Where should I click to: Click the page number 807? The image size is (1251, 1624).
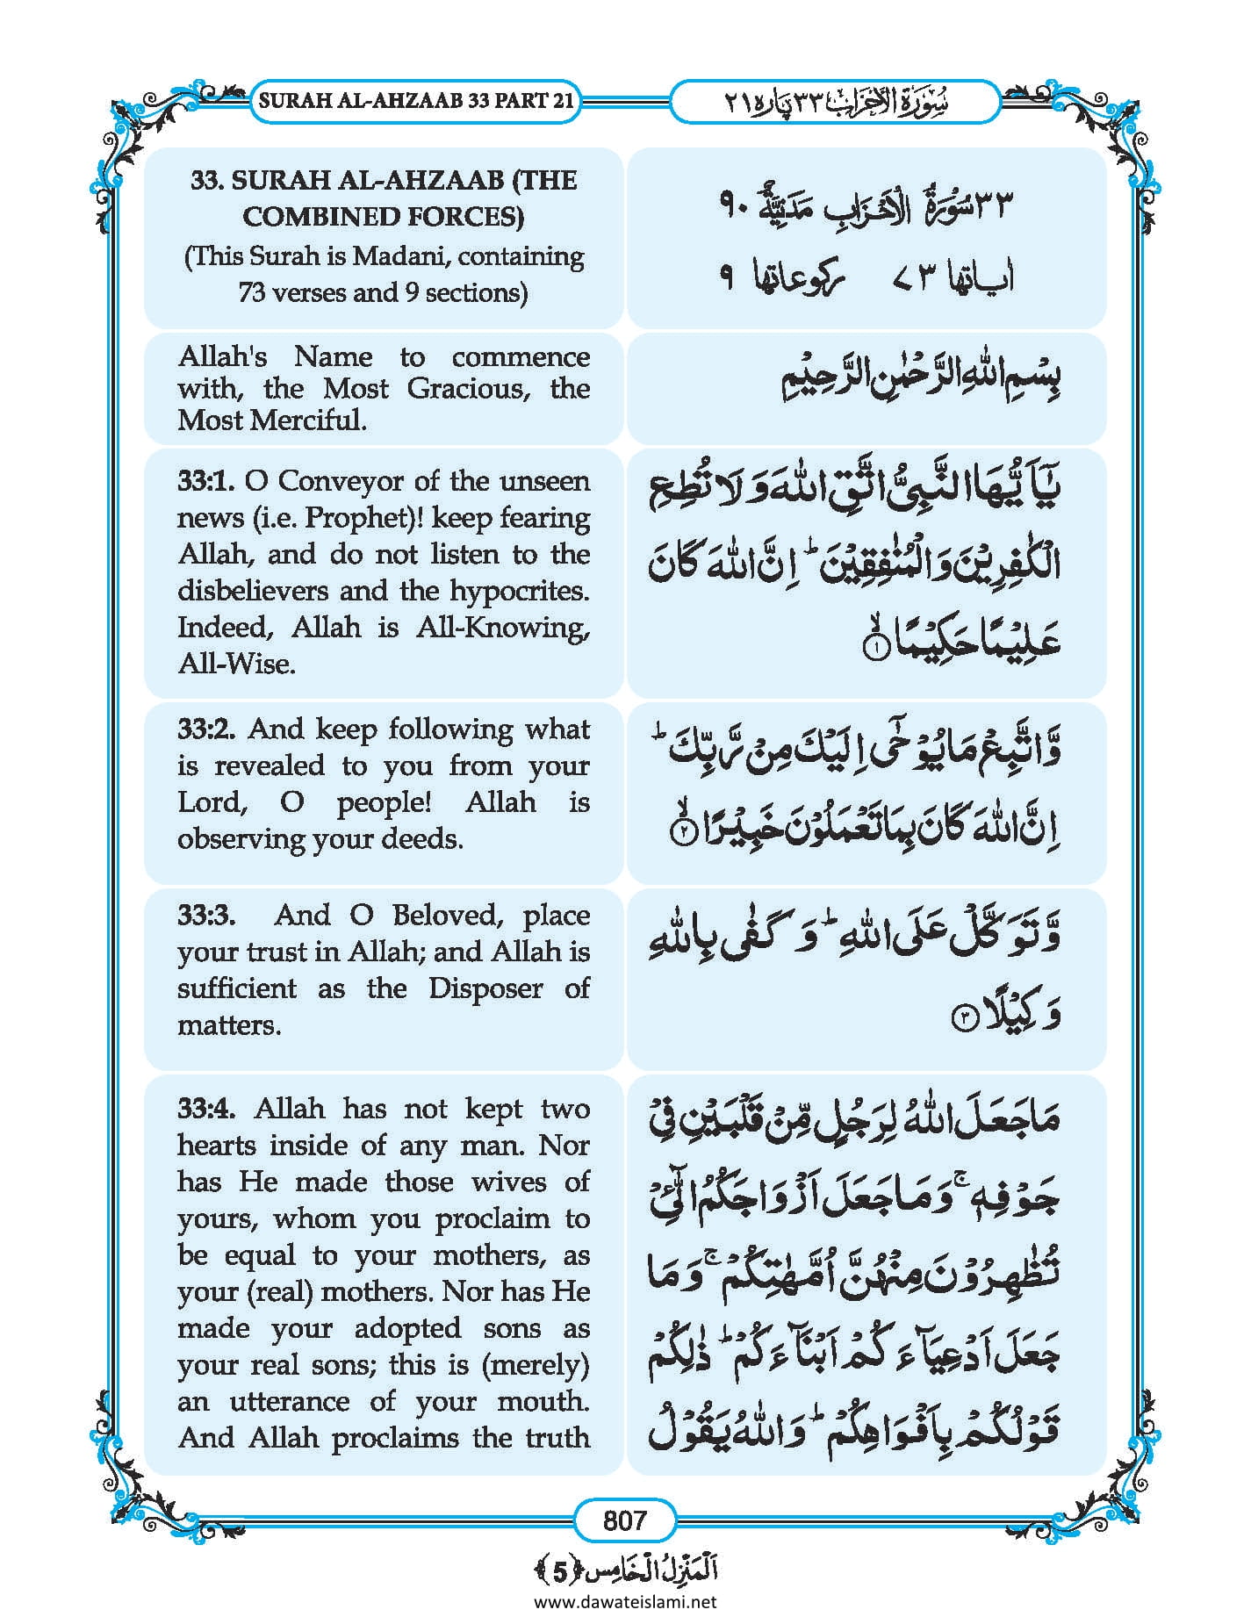coord(624,1520)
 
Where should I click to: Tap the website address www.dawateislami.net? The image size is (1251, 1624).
coord(625,1601)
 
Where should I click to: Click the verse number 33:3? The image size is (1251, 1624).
coord(206,915)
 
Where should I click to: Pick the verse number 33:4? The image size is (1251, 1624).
coord(206,1108)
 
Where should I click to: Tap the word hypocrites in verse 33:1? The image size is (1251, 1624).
coord(520,590)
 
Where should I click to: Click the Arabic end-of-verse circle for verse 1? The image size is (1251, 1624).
coord(875,650)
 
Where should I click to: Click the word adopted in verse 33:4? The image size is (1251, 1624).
coord(407,1328)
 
